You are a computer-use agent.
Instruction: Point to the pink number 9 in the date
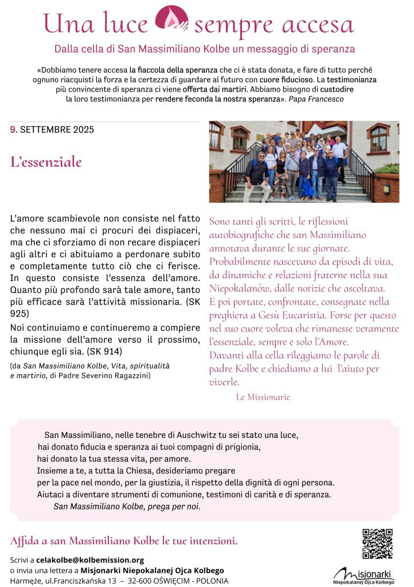13,130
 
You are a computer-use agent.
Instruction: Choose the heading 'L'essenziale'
46,162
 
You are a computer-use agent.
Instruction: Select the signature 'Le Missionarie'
263,397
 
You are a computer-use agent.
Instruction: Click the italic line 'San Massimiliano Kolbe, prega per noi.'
127,506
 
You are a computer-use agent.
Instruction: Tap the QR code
377,543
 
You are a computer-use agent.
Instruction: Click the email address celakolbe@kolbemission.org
90,560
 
